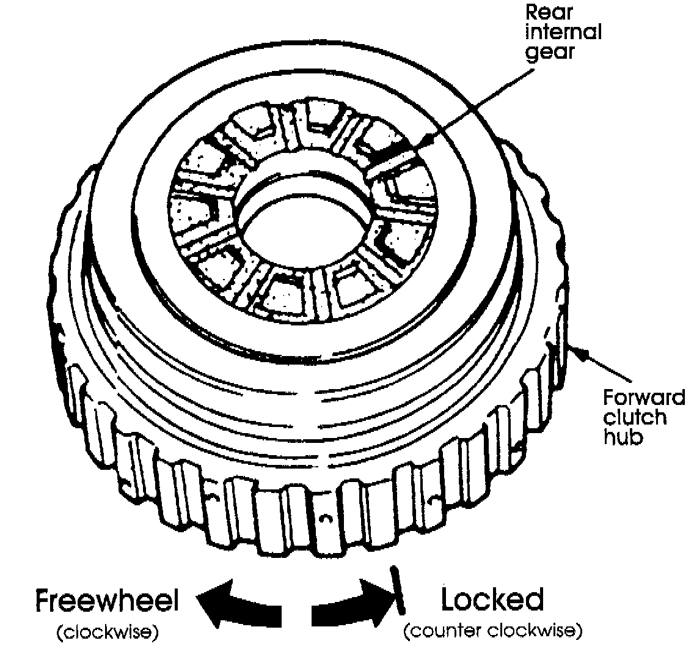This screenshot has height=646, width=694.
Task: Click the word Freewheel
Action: [x=107, y=600]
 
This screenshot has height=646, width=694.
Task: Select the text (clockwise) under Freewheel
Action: [x=108, y=632]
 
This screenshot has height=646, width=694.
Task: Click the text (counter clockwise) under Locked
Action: [x=493, y=630]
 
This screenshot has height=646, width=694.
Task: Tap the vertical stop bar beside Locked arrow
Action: [x=397, y=590]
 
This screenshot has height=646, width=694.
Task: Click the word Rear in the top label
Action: [x=549, y=12]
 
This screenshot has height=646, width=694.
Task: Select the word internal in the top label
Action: [x=563, y=32]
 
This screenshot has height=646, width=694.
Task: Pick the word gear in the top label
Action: [x=549, y=52]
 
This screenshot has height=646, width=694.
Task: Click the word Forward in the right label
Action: [x=644, y=397]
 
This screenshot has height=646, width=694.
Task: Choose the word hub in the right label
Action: [x=623, y=437]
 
